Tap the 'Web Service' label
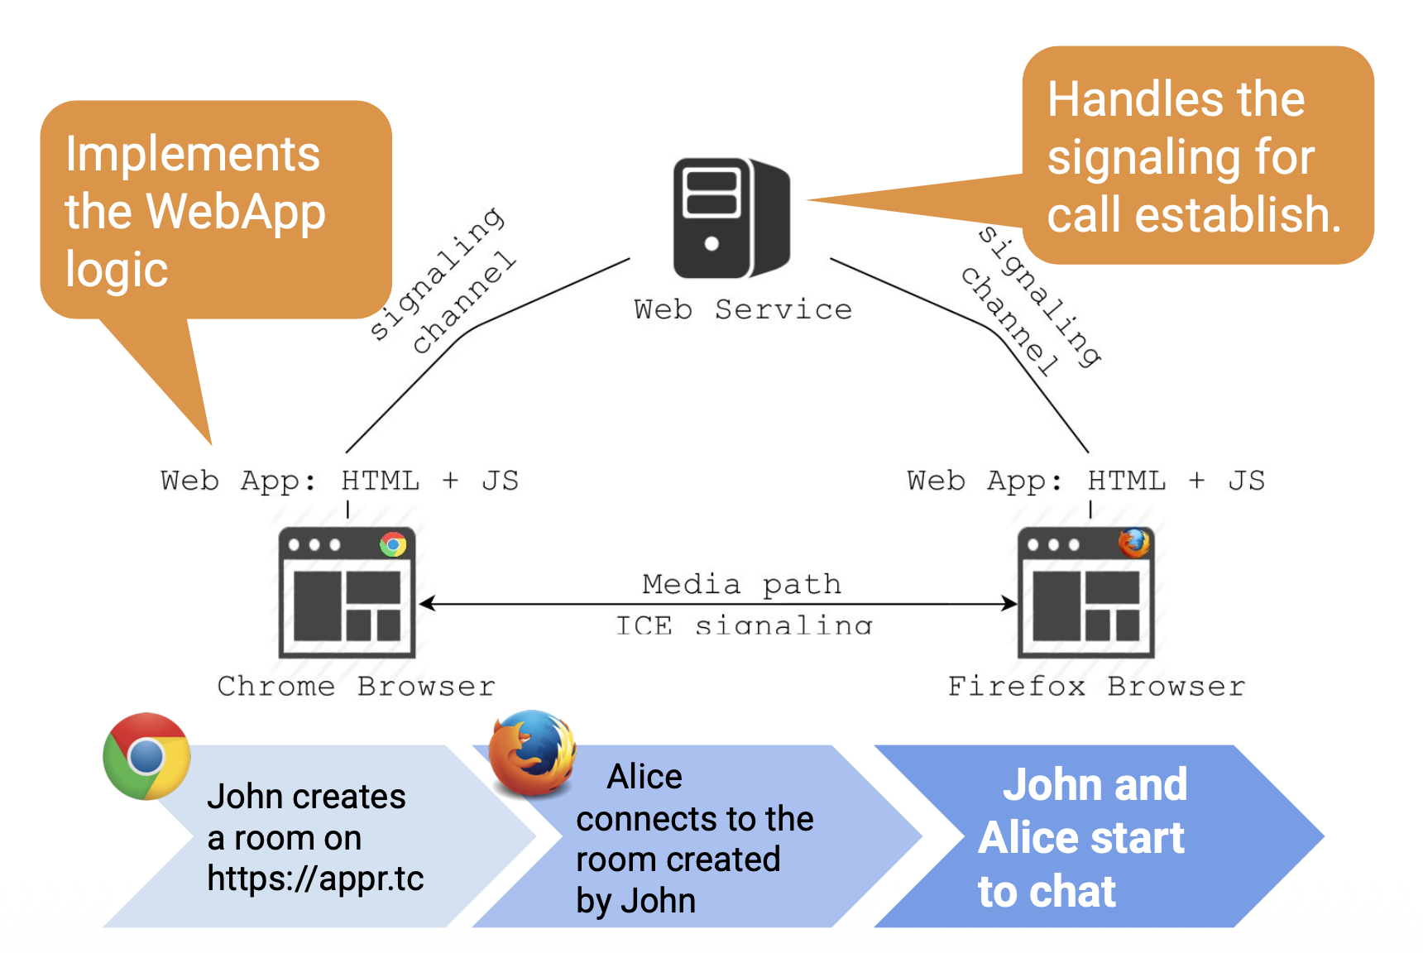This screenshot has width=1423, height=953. (743, 309)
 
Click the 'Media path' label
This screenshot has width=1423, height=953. (741, 584)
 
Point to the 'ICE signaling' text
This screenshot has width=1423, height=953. (743, 625)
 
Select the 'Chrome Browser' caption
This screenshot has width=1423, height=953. (356, 686)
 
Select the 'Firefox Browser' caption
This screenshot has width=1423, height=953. (1096, 686)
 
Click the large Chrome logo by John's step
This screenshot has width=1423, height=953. (146, 756)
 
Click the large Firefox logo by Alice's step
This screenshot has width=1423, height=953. (532, 753)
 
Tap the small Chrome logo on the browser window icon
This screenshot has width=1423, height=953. (393, 544)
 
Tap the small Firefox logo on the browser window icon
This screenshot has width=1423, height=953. (1133, 544)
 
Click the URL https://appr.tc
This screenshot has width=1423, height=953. (315, 879)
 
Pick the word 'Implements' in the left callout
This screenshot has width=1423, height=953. (192, 155)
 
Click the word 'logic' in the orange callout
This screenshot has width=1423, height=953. (117, 271)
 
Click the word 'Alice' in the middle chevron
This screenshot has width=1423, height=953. (644, 777)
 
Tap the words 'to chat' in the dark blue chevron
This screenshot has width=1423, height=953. (1047, 892)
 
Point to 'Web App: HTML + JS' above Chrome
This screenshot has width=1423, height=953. (339, 481)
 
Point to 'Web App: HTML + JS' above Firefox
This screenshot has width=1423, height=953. (1085, 481)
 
